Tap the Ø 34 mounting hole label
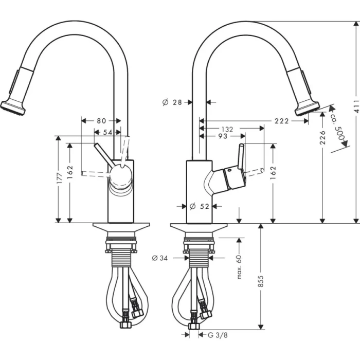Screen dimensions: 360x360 click(160, 258)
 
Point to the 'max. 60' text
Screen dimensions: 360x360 click(240, 267)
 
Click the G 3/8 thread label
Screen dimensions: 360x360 click(217, 335)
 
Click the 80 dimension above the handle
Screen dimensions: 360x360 click(101, 121)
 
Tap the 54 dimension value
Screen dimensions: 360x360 click(107, 132)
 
